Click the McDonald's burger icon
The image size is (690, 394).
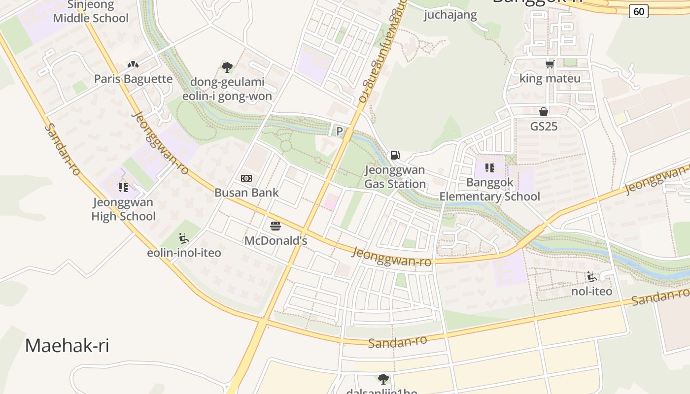(x=276, y=226)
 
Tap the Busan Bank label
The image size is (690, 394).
(x=246, y=193)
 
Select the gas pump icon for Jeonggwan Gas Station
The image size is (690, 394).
(x=395, y=155)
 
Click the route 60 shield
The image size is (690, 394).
(x=638, y=11)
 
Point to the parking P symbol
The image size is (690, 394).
(x=339, y=131)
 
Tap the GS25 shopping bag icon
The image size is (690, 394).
(x=544, y=112)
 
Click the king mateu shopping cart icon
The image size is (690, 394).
(x=550, y=64)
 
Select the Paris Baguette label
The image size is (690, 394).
(x=133, y=79)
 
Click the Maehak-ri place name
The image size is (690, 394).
(x=67, y=345)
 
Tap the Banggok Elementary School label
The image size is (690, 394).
(x=489, y=190)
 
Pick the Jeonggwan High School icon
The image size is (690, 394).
(x=123, y=187)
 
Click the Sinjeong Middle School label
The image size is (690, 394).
(x=91, y=12)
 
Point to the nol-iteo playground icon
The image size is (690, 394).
(x=591, y=276)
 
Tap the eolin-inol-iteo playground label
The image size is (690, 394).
(x=184, y=253)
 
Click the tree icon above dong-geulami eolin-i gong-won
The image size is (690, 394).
(x=227, y=67)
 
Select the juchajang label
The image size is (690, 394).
(x=450, y=15)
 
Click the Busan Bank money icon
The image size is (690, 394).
(x=246, y=178)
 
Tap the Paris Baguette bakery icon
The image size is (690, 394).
(x=133, y=65)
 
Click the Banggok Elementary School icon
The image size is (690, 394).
(x=489, y=168)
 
